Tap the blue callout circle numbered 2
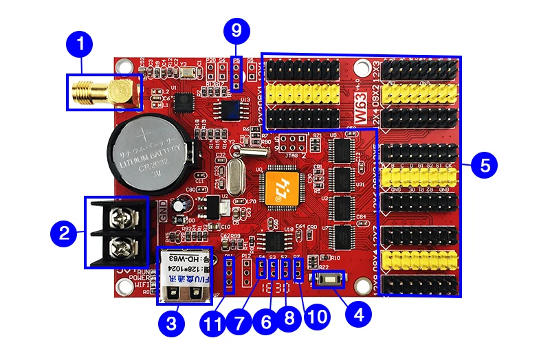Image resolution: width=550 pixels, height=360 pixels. (63, 233)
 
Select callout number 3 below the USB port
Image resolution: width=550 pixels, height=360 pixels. (172, 322)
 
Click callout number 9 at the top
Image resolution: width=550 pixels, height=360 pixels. (236, 30)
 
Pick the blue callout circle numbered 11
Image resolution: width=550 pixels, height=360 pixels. (214, 322)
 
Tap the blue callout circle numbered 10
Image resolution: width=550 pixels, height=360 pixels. (314, 317)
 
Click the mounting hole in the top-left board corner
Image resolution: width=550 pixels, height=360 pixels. (124, 67)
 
